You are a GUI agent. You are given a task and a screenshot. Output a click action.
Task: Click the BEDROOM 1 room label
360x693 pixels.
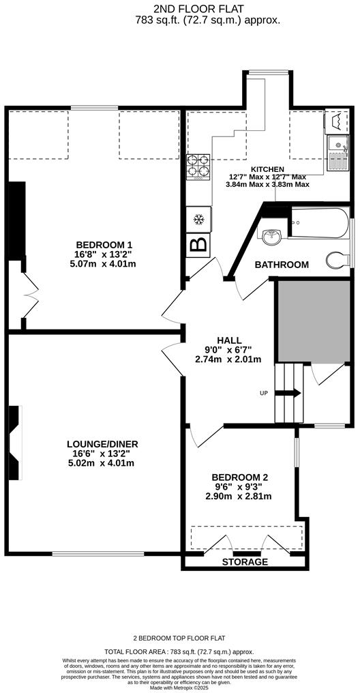(x=104, y=245)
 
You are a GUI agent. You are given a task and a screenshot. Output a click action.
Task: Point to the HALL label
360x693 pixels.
(x=229, y=340)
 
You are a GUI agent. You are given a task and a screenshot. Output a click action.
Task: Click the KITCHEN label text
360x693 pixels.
(x=268, y=169)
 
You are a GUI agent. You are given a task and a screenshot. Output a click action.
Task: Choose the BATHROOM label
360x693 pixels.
(x=282, y=265)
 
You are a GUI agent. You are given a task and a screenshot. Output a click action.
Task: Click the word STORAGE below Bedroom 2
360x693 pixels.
(x=245, y=562)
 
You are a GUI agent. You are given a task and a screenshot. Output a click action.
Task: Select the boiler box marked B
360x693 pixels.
(x=198, y=245)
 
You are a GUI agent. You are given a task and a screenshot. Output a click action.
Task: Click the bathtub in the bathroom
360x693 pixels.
(x=318, y=224)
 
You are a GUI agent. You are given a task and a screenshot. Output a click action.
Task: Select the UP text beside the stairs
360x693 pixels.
(x=264, y=394)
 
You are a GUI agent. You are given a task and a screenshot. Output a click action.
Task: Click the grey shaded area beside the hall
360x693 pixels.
(x=312, y=321)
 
